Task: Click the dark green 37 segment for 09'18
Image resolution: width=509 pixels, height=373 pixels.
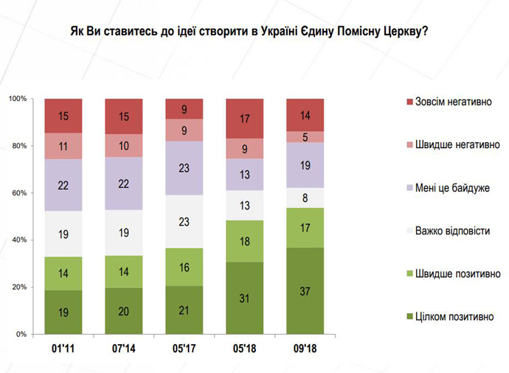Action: (x=305, y=290)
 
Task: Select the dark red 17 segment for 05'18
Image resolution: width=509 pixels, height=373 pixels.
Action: (x=244, y=118)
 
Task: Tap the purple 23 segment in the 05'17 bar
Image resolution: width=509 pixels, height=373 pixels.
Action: (x=184, y=167)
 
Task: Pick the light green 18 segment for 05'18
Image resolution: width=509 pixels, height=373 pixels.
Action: (x=244, y=241)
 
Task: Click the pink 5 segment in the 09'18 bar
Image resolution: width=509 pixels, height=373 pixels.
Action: (x=305, y=136)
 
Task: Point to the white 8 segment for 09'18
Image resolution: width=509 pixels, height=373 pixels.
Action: (x=305, y=198)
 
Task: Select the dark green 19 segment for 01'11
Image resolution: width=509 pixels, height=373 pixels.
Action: (x=63, y=312)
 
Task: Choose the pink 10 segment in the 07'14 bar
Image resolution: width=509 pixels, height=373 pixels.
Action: (x=123, y=145)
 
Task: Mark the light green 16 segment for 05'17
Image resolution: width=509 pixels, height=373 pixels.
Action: (x=184, y=265)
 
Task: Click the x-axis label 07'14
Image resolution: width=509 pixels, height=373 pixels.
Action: (x=123, y=347)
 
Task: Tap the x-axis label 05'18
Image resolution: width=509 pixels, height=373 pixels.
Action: (x=244, y=347)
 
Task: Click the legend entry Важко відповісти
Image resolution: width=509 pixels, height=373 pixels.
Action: (x=452, y=231)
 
